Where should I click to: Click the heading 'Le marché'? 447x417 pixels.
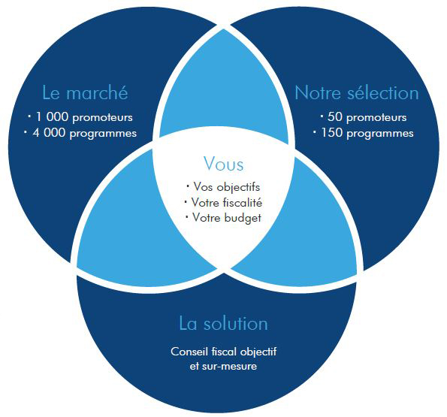(x=85, y=92)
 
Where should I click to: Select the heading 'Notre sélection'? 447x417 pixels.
(x=357, y=92)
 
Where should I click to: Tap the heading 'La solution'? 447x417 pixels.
(x=224, y=323)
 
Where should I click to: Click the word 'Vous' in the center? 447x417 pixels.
(x=224, y=164)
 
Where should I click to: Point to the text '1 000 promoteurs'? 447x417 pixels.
(x=84, y=117)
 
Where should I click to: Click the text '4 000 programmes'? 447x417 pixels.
(x=85, y=133)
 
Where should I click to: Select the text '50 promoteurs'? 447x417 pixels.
(x=367, y=117)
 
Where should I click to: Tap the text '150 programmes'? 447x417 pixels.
(x=367, y=133)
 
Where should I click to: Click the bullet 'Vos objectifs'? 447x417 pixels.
(x=227, y=187)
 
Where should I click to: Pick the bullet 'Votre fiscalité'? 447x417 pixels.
(x=227, y=202)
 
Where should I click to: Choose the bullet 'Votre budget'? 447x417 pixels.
(x=227, y=217)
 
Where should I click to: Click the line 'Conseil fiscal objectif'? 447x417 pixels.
(x=224, y=352)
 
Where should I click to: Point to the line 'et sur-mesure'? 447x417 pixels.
(x=224, y=366)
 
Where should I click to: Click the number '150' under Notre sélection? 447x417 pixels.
(x=331, y=132)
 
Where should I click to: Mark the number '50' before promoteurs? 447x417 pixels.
(x=334, y=116)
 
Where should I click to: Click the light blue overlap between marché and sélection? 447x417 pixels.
(x=224, y=94)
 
